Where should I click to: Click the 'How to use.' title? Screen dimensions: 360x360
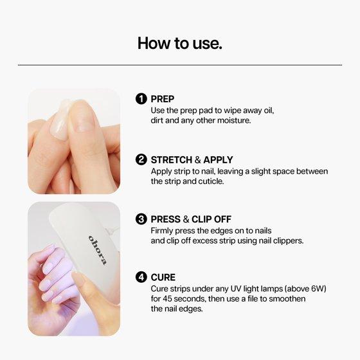[x=180, y=43]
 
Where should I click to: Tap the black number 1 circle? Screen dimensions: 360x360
[x=141, y=99]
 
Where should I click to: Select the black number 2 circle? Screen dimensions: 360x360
[x=141, y=159]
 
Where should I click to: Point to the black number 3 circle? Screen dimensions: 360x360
[x=141, y=219]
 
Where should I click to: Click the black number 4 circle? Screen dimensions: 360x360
[x=141, y=277]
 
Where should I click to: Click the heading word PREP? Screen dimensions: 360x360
[x=162, y=99]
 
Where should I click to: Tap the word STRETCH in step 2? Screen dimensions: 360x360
[x=171, y=160]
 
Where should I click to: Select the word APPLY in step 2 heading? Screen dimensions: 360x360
[x=218, y=160]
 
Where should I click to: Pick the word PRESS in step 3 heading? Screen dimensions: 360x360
[x=166, y=219]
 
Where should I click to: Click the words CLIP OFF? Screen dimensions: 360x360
[x=212, y=219]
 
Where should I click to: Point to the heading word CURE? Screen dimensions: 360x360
[x=163, y=277]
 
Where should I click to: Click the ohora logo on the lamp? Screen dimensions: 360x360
[x=98, y=250]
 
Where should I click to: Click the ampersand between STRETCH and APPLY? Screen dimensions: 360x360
[x=198, y=160]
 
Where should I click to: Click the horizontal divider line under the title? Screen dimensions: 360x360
[x=180, y=65]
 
